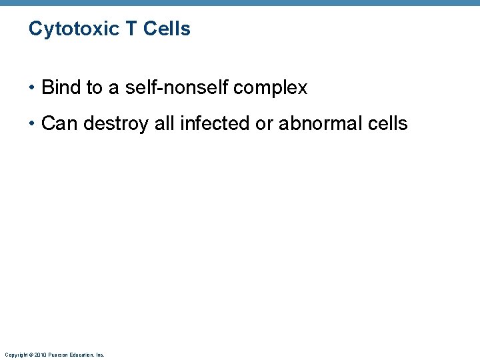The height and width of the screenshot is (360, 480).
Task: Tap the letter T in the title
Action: pos(128,29)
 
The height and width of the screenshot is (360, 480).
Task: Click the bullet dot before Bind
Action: pos(33,88)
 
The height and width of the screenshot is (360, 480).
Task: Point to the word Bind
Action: pos(60,87)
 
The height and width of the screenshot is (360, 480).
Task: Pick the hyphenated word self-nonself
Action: pos(173,87)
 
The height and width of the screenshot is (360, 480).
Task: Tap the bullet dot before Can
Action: pos(33,124)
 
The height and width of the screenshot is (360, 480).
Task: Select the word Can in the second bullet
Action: pos(59,123)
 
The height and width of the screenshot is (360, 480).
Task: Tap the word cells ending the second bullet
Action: pos(387,123)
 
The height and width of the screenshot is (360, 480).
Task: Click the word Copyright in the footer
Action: pos(15,355)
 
